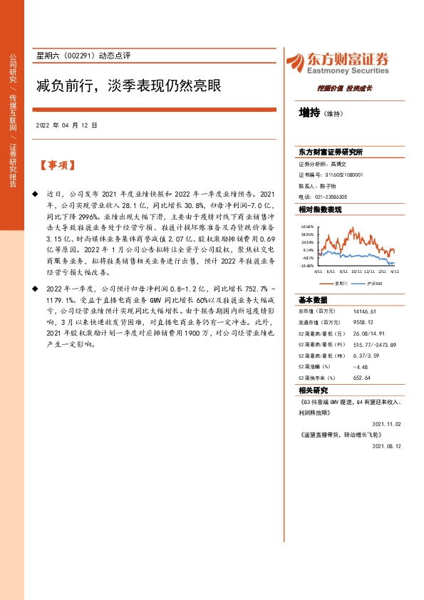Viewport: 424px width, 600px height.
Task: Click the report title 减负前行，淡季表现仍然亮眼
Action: click(x=129, y=86)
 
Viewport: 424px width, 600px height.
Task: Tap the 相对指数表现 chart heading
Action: click(x=321, y=210)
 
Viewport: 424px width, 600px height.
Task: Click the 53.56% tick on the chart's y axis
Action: click(x=307, y=224)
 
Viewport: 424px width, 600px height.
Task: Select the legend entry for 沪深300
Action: click(x=373, y=283)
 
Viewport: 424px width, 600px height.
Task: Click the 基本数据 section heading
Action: click(x=314, y=299)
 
